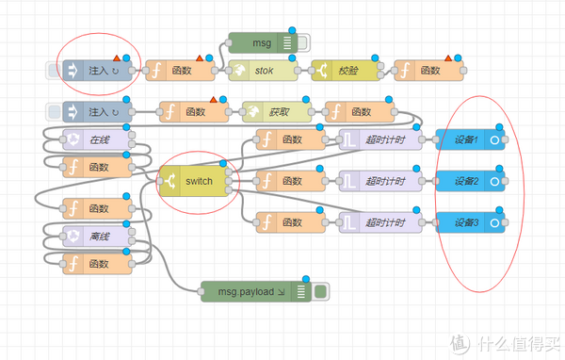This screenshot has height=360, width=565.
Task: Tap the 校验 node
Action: pos(346,70)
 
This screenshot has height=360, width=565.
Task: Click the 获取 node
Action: pos(276,112)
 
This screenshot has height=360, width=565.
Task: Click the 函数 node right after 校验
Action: pos(428,70)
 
